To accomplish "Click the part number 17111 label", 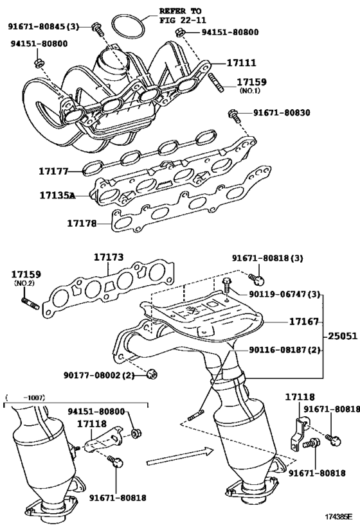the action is click(x=241, y=63).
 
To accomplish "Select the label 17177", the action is click(x=53, y=171).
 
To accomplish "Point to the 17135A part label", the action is click(x=57, y=195).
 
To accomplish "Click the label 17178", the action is click(x=82, y=223).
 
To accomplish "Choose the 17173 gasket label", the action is click(x=108, y=258).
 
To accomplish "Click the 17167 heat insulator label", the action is click(x=303, y=322).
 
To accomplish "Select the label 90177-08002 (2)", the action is click(x=99, y=374).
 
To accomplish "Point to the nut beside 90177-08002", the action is click(x=152, y=373).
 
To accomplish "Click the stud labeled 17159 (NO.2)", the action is click(x=30, y=302).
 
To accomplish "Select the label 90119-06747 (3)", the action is click(x=284, y=295).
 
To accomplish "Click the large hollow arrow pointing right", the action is click(x=179, y=457).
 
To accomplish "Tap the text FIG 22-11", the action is click(x=183, y=21).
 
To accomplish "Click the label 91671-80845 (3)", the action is click(x=43, y=26).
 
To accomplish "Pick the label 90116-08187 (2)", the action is click(x=284, y=350).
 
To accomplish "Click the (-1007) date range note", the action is click(x=26, y=398).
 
